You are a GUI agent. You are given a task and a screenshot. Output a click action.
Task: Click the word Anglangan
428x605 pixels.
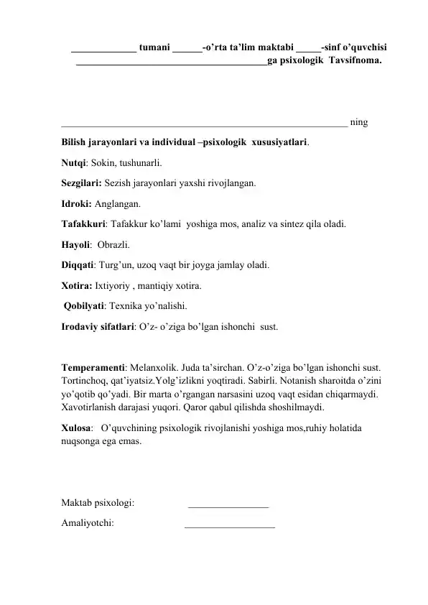coord(117,204)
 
